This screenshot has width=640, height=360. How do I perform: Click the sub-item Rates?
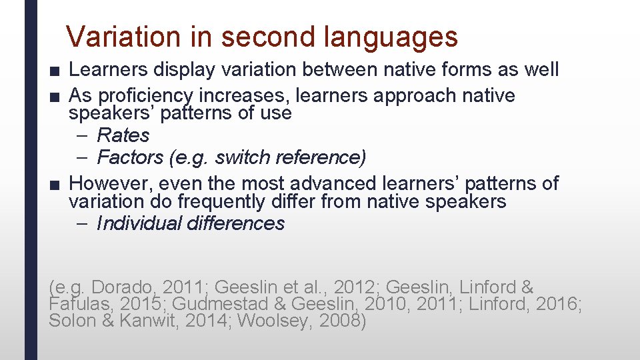click(123, 135)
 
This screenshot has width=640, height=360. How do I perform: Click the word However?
click(108, 183)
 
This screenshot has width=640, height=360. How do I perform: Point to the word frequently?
click(273, 201)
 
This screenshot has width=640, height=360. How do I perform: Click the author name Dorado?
click(123, 288)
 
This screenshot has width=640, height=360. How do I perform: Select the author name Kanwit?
click(154, 320)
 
